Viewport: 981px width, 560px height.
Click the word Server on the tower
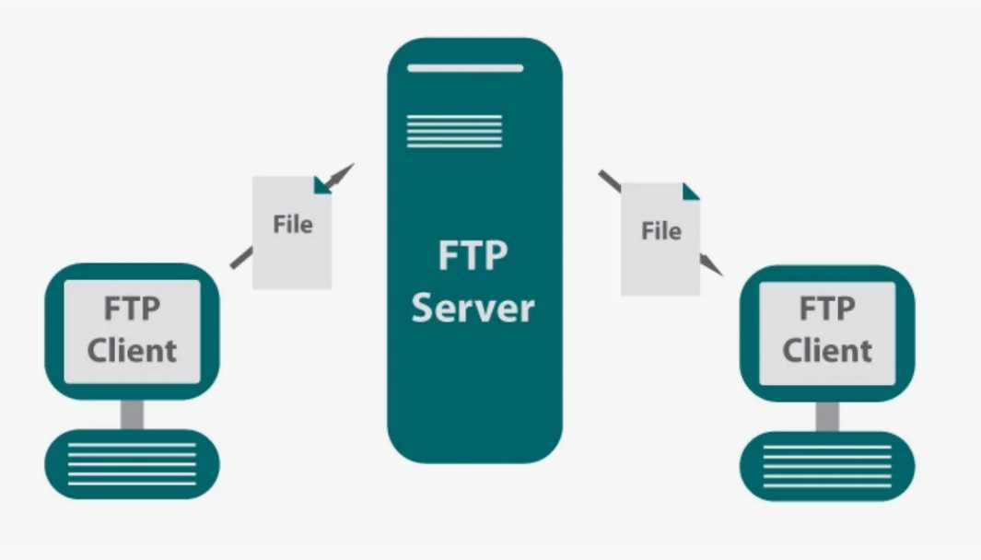(x=473, y=308)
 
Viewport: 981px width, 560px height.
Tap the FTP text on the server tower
(x=473, y=255)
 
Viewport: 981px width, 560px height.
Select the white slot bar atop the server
(x=465, y=68)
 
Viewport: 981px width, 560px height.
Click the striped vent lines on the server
(x=455, y=131)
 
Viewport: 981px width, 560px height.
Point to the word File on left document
(x=292, y=224)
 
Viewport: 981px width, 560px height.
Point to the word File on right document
(x=661, y=230)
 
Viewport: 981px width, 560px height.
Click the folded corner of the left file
(x=321, y=184)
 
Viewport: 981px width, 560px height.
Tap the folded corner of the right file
(x=690, y=192)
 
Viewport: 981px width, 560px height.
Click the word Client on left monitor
(x=132, y=350)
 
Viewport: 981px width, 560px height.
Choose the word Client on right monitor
(x=827, y=350)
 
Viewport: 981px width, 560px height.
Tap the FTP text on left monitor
(x=132, y=309)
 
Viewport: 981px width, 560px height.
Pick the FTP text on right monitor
(x=827, y=309)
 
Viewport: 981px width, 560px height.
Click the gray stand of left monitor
(x=132, y=414)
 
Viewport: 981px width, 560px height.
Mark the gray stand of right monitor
(x=827, y=415)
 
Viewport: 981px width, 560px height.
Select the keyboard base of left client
(x=132, y=463)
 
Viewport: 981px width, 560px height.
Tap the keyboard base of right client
(x=827, y=465)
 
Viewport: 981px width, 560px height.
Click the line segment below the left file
(x=241, y=258)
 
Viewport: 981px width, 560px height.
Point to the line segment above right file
(x=610, y=181)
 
